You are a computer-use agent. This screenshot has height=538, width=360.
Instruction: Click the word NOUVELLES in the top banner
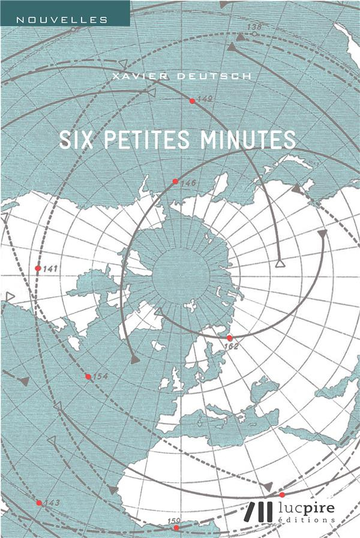[x=62, y=20]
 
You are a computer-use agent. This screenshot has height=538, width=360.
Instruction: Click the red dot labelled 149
[x=192, y=101]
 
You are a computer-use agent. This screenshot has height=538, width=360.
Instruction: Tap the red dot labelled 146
[x=175, y=181]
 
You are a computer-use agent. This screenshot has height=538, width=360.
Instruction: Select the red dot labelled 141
[x=38, y=268]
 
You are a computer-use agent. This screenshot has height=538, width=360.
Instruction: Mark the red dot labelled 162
[x=229, y=338]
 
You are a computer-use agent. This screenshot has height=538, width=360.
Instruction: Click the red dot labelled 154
[x=88, y=377]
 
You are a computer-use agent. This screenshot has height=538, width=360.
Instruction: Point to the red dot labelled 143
[x=39, y=503]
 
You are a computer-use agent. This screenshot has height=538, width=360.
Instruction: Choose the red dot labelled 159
[x=176, y=528]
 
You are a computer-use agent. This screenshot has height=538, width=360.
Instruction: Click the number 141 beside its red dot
[x=50, y=269]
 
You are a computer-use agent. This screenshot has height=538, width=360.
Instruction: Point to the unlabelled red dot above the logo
[x=282, y=495]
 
